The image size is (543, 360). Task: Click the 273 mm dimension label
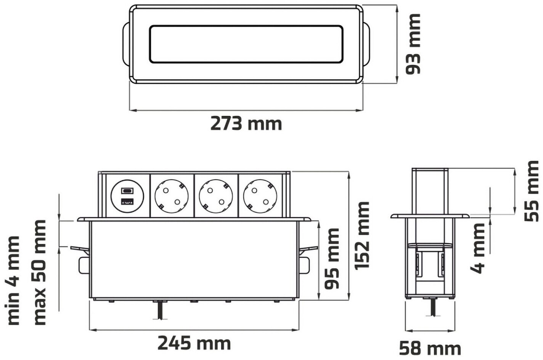(x=246, y=124)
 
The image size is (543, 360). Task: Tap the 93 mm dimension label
(x=413, y=44)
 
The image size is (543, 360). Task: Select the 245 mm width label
(x=194, y=343)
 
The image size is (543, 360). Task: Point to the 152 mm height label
(x=362, y=235)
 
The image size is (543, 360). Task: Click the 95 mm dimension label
(x=332, y=259)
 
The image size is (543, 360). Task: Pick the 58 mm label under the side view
(x=430, y=349)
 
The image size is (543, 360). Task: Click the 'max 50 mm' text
(x=40, y=273)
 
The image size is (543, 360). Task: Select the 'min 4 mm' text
(x=13, y=280)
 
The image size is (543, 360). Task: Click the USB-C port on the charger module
(x=127, y=191)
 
